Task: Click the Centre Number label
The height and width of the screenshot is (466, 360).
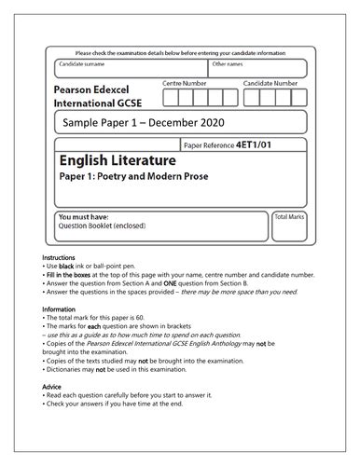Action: [185, 84]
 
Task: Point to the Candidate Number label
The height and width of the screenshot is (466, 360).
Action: [271, 84]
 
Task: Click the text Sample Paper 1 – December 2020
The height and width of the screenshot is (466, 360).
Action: [144, 122]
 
